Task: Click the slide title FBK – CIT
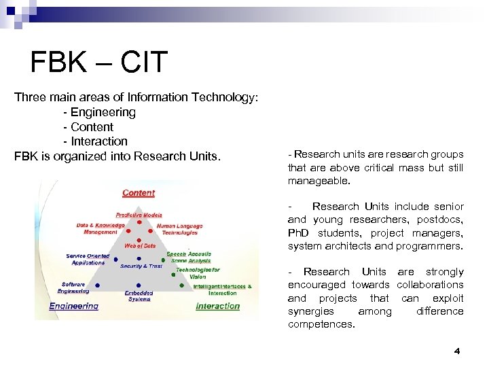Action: click(98, 63)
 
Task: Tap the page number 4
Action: click(456, 351)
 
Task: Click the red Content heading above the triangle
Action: click(139, 193)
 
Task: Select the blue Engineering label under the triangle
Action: click(73, 306)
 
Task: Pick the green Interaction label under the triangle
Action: click(217, 306)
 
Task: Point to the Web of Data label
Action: click(139, 245)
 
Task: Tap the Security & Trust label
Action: click(141, 266)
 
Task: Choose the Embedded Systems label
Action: click(138, 296)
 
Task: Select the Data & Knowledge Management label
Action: click(100, 228)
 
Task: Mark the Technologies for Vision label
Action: click(198, 273)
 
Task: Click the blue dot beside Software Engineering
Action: click(98, 285)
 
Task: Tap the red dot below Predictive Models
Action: click(139, 222)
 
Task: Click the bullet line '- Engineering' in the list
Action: click(99, 112)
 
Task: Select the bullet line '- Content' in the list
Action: click(88, 127)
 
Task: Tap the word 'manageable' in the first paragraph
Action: click(316, 181)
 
